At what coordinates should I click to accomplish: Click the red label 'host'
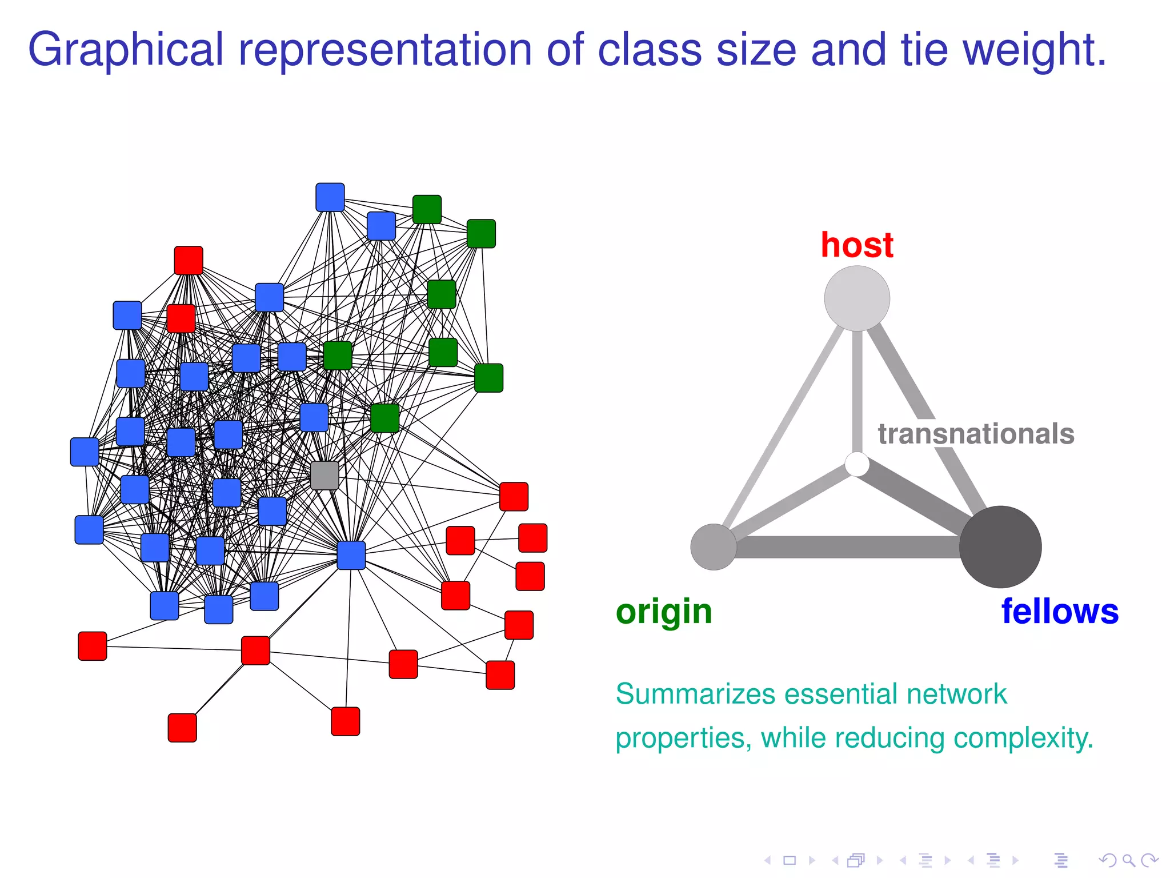(x=856, y=245)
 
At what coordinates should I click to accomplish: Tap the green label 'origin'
(x=664, y=612)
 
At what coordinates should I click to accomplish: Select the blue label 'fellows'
(x=1060, y=611)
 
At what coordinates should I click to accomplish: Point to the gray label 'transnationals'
(x=976, y=434)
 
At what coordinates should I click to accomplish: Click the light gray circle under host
(x=856, y=298)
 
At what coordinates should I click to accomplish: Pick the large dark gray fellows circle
(x=1000, y=546)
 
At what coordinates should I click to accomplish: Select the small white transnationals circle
(x=857, y=464)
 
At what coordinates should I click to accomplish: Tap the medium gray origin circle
(x=713, y=546)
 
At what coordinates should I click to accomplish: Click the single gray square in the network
(x=324, y=476)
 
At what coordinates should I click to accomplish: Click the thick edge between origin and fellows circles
(x=846, y=547)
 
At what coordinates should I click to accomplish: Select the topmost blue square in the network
(x=330, y=197)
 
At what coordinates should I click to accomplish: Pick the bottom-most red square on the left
(x=182, y=728)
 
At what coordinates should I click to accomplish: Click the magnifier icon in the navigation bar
(x=1128, y=860)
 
